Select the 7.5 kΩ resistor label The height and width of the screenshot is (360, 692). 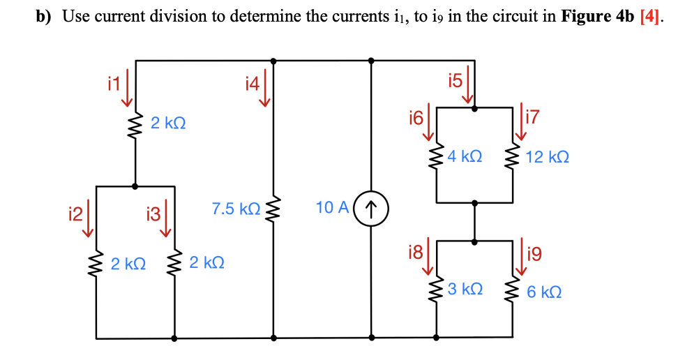pyautogui.click(x=236, y=209)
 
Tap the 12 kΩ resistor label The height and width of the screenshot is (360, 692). pyautogui.click(x=548, y=158)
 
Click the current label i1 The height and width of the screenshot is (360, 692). pyautogui.click(x=114, y=84)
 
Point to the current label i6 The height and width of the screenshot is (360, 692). pyautogui.click(x=416, y=117)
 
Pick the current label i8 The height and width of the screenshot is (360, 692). pyautogui.click(x=416, y=252)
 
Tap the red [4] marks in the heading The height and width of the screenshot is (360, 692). pyautogui.click(x=647, y=17)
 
